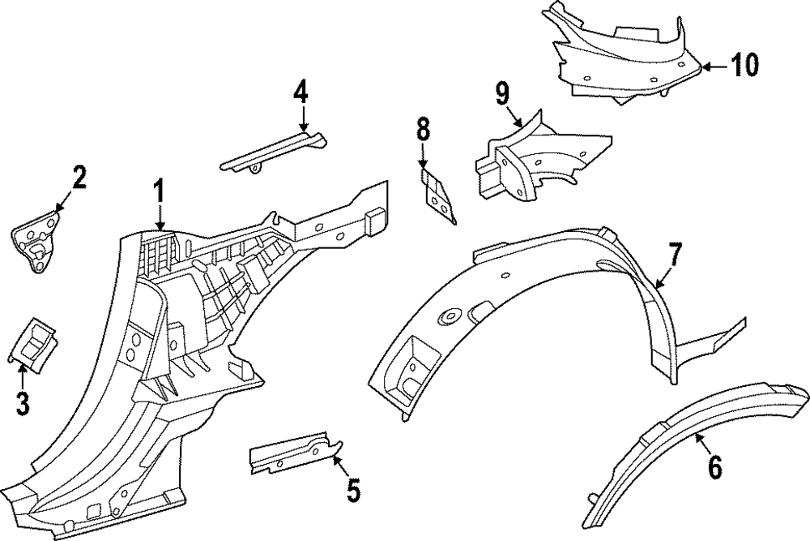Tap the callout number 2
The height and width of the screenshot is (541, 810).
click(79, 177)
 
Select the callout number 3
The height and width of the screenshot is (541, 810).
click(22, 401)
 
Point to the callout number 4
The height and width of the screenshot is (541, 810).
click(301, 92)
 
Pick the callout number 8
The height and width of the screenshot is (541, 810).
click(422, 129)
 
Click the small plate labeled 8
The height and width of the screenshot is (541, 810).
click(437, 195)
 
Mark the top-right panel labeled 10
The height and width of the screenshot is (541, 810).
click(624, 57)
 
